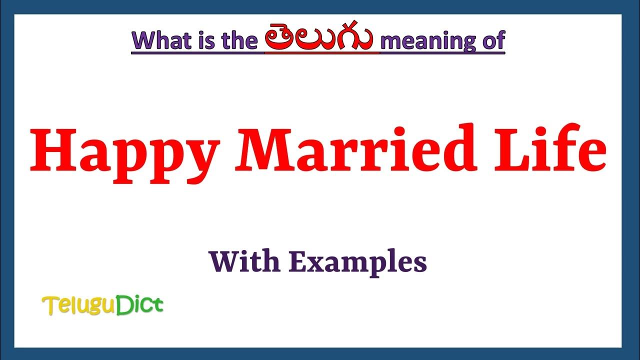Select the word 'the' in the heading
click(x=236, y=40)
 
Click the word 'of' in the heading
click(x=492, y=40)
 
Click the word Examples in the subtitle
click(x=358, y=262)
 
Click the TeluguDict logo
click(x=103, y=305)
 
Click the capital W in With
click(x=224, y=261)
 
